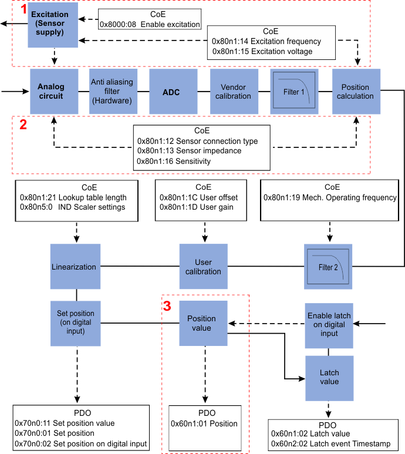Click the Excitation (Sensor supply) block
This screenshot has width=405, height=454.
pos(53,25)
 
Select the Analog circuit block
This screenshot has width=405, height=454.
pos(54,92)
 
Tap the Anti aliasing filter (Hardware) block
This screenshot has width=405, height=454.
pos(113,92)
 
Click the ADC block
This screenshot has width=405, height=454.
pos(173,92)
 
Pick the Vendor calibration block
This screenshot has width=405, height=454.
pos(234,92)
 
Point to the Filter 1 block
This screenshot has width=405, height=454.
pos(294,92)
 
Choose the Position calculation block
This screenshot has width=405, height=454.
pos(356,92)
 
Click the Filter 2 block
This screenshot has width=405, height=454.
pos(328,267)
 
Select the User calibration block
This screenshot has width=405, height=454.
pos(203,267)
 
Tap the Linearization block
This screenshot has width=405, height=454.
pos(75,267)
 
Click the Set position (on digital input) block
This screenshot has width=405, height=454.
pos(76,324)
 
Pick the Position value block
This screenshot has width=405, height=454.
pos(203,323)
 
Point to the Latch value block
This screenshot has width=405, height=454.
pos(329,378)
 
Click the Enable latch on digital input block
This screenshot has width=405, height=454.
pos(329,325)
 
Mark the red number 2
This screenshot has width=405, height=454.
pos(23,125)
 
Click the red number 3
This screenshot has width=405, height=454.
pos(167,306)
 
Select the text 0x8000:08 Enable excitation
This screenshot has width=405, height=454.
pos(150,24)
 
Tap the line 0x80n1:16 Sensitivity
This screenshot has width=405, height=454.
pos(174,161)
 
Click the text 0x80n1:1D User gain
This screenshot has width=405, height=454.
pos(197,207)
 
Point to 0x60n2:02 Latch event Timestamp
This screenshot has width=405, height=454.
pos(330,443)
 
